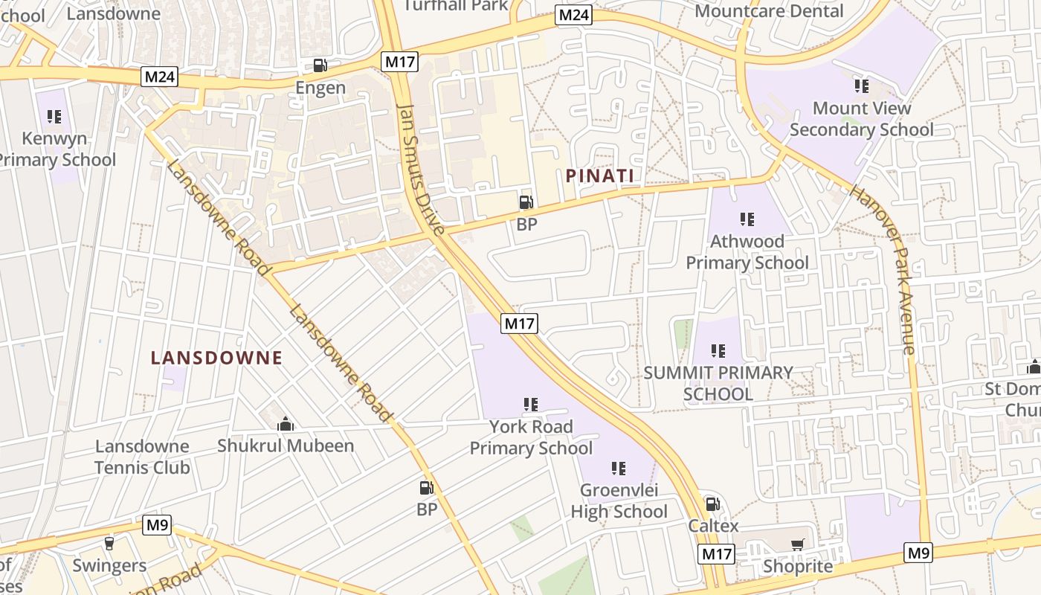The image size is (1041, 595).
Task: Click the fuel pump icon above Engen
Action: [x=320, y=65]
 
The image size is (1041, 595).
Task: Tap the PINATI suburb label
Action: [x=599, y=176]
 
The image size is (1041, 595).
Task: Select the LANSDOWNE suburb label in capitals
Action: [x=216, y=358]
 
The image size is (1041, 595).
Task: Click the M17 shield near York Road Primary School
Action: [x=519, y=324]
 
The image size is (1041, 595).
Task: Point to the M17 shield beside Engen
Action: [x=400, y=62]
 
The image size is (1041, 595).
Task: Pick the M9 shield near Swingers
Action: [x=158, y=525]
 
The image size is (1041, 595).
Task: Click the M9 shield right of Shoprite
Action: [x=918, y=553]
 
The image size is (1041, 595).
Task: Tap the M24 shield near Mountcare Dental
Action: [x=574, y=15]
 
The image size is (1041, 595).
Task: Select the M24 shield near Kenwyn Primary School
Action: [x=161, y=76]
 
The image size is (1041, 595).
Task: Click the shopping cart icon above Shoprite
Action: [x=798, y=545]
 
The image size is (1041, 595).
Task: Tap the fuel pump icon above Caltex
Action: [x=712, y=504]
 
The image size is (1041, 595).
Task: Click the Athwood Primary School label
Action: [x=747, y=252]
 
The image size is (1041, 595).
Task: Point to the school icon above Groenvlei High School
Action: [x=619, y=469]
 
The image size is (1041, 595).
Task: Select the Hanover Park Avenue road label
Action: [x=883, y=269]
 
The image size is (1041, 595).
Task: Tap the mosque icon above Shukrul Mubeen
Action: [x=286, y=425]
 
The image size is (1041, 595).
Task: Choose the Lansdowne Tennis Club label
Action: [x=142, y=457]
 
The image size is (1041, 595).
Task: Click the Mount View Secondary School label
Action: [x=861, y=119]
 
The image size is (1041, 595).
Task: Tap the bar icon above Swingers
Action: [x=109, y=544]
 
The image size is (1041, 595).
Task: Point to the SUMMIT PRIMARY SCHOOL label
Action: [x=718, y=383]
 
